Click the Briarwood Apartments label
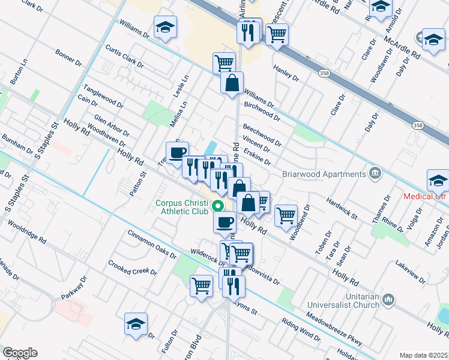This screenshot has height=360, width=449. tap(324, 175)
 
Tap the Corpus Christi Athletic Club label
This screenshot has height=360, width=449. tap(182, 207)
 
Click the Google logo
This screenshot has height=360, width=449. tap(20, 353)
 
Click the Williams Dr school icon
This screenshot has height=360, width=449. tap(165, 27)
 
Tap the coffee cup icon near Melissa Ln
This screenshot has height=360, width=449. tap(177, 153)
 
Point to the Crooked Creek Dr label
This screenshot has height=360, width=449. tap(132, 268)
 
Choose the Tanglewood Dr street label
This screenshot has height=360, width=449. tap(103, 95)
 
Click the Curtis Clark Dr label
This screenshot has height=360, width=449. tap(124, 56)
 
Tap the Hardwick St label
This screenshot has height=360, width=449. tap(342, 207)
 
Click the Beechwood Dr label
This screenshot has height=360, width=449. tap(262, 135)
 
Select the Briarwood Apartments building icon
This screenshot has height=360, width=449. tap(375, 174)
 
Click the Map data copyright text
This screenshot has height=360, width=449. tap(424, 355)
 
